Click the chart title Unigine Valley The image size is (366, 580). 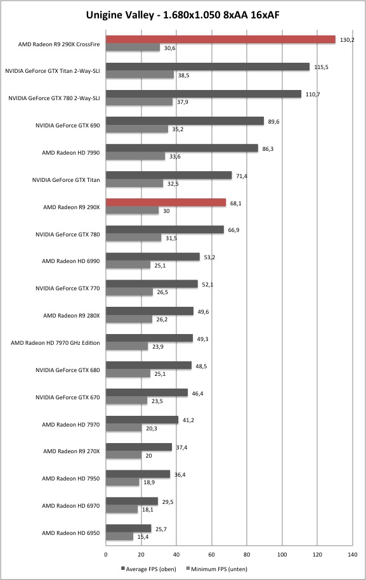click(119, 15)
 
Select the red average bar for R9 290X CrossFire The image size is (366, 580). click(221, 39)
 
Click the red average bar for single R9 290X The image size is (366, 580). click(166, 202)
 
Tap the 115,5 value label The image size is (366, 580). click(321, 67)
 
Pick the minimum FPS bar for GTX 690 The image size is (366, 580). click(137, 129)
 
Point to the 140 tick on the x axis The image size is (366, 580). click(352, 555)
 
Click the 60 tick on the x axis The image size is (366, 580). click(212, 555)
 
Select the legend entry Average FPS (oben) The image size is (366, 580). click(148, 569)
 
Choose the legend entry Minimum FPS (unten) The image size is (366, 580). click(217, 569)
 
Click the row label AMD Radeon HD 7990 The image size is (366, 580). click(70, 152)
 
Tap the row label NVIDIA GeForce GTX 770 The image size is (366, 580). click(68, 288)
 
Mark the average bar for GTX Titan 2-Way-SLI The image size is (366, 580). click(207, 67)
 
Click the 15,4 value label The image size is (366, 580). click(143, 537)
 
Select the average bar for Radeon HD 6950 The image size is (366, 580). click(128, 528)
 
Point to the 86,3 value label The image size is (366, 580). click(268, 149)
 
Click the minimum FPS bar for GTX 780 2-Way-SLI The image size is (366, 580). click(139, 101)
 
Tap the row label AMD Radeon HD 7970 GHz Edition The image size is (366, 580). click(55, 343)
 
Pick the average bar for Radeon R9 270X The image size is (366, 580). click(139, 447)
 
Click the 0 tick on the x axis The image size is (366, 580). click(106, 555)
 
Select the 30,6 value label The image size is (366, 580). click(169, 48)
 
